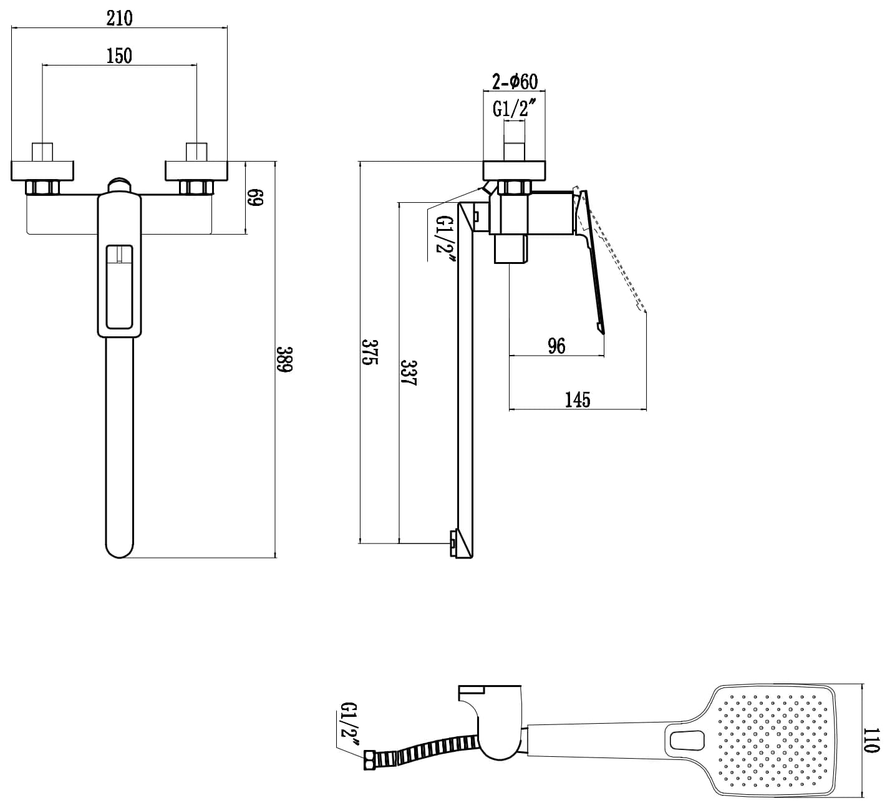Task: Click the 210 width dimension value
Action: pyautogui.click(x=119, y=18)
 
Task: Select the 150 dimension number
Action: pyautogui.click(x=119, y=56)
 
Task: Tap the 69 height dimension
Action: pyautogui.click(x=256, y=198)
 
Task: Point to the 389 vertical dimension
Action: pyautogui.click(x=284, y=359)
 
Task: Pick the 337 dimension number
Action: pyautogui.click(x=409, y=373)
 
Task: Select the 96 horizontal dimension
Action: pyautogui.click(x=556, y=346)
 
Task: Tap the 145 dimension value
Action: pyautogui.click(x=577, y=399)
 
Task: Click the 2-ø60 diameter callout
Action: pyautogui.click(x=515, y=81)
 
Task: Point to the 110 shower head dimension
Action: pyautogui.click(x=873, y=741)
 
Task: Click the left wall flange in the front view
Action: pyautogui.click(x=43, y=170)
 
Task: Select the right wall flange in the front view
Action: pyautogui.click(x=197, y=170)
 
